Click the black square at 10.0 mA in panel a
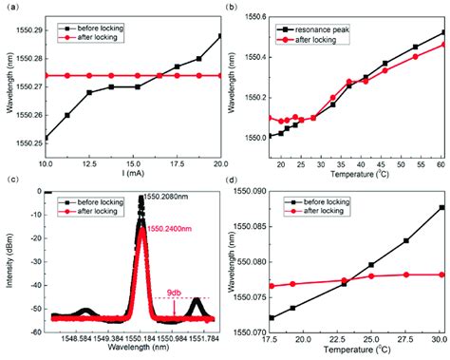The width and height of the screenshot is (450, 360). click(x=47, y=138)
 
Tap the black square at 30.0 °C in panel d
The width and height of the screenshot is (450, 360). click(x=441, y=207)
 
